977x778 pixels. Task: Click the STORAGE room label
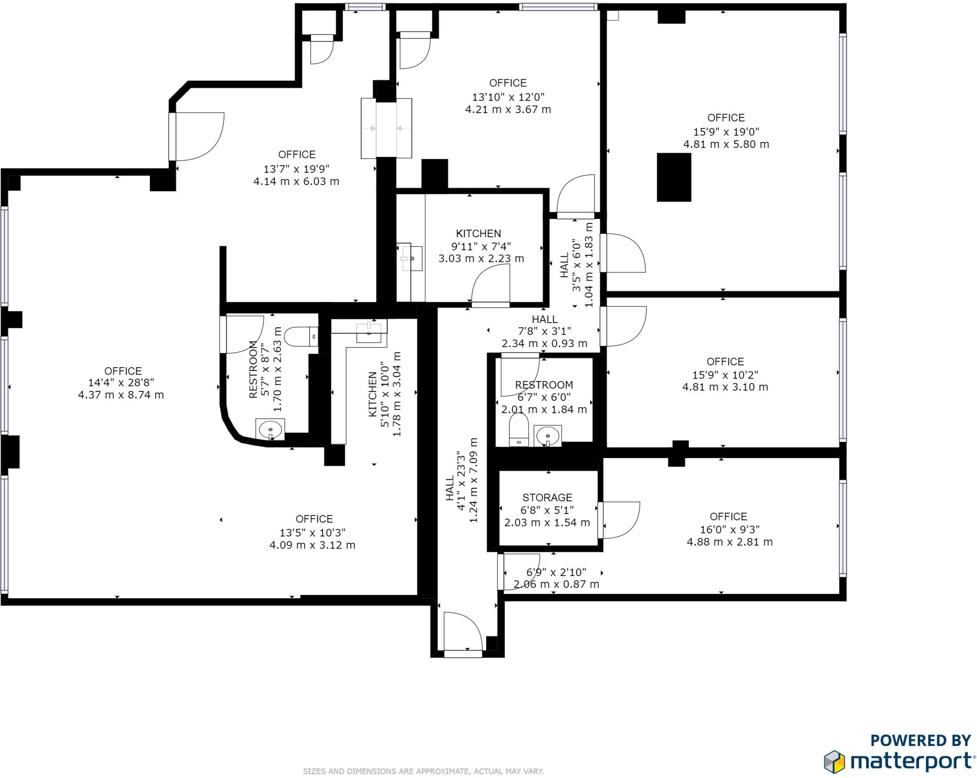click(x=547, y=497)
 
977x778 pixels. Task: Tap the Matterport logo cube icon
click(x=834, y=762)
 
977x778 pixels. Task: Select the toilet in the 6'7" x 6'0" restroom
click(x=519, y=430)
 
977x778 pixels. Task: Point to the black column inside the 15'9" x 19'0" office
click(x=674, y=177)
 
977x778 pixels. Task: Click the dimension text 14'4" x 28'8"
click(x=121, y=382)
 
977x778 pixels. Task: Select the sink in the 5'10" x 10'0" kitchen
click(x=369, y=332)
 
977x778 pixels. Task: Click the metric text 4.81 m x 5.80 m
click(x=726, y=144)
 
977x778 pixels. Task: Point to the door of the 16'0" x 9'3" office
click(x=619, y=520)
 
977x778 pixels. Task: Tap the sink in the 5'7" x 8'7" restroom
click(x=270, y=430)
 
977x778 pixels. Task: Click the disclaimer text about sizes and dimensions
click(x=423, y=771)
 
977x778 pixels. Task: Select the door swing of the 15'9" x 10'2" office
click(x=623, y=326)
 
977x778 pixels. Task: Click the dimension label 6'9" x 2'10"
click(x=556, y=572)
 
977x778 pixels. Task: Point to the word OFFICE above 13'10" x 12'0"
click(x=508, y=83)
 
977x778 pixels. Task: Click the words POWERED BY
click(x=921, y=740)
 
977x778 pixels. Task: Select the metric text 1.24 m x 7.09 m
click(x=473, y=480)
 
